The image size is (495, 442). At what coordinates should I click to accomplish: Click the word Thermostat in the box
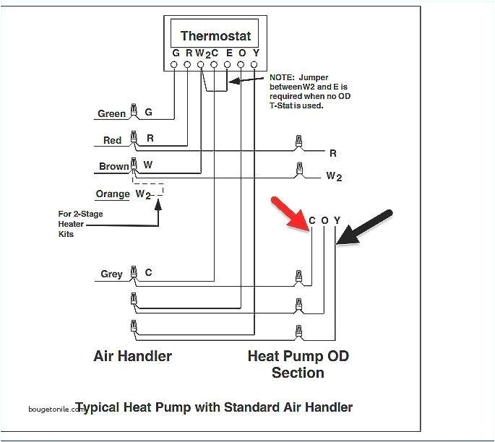pos(215,36)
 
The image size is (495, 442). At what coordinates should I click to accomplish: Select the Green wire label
pos(112,114)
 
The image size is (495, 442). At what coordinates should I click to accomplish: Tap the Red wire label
pos(112,140)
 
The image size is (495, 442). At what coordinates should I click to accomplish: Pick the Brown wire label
pos(113,167)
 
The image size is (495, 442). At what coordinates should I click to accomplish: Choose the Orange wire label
pos(113,194)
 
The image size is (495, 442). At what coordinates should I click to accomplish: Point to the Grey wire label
pos(111,274)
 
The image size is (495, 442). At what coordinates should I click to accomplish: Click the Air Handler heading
pos(133,356)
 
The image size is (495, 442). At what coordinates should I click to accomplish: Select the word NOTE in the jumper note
pos(282,77)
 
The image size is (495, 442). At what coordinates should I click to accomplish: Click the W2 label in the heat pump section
pos(333,175)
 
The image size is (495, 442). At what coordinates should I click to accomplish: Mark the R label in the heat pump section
pos(333,153)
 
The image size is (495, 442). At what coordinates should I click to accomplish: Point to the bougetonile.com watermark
pos(55,408)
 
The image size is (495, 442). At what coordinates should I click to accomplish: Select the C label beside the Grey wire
pos(149,273)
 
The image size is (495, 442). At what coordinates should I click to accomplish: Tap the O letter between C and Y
pos(324,220)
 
